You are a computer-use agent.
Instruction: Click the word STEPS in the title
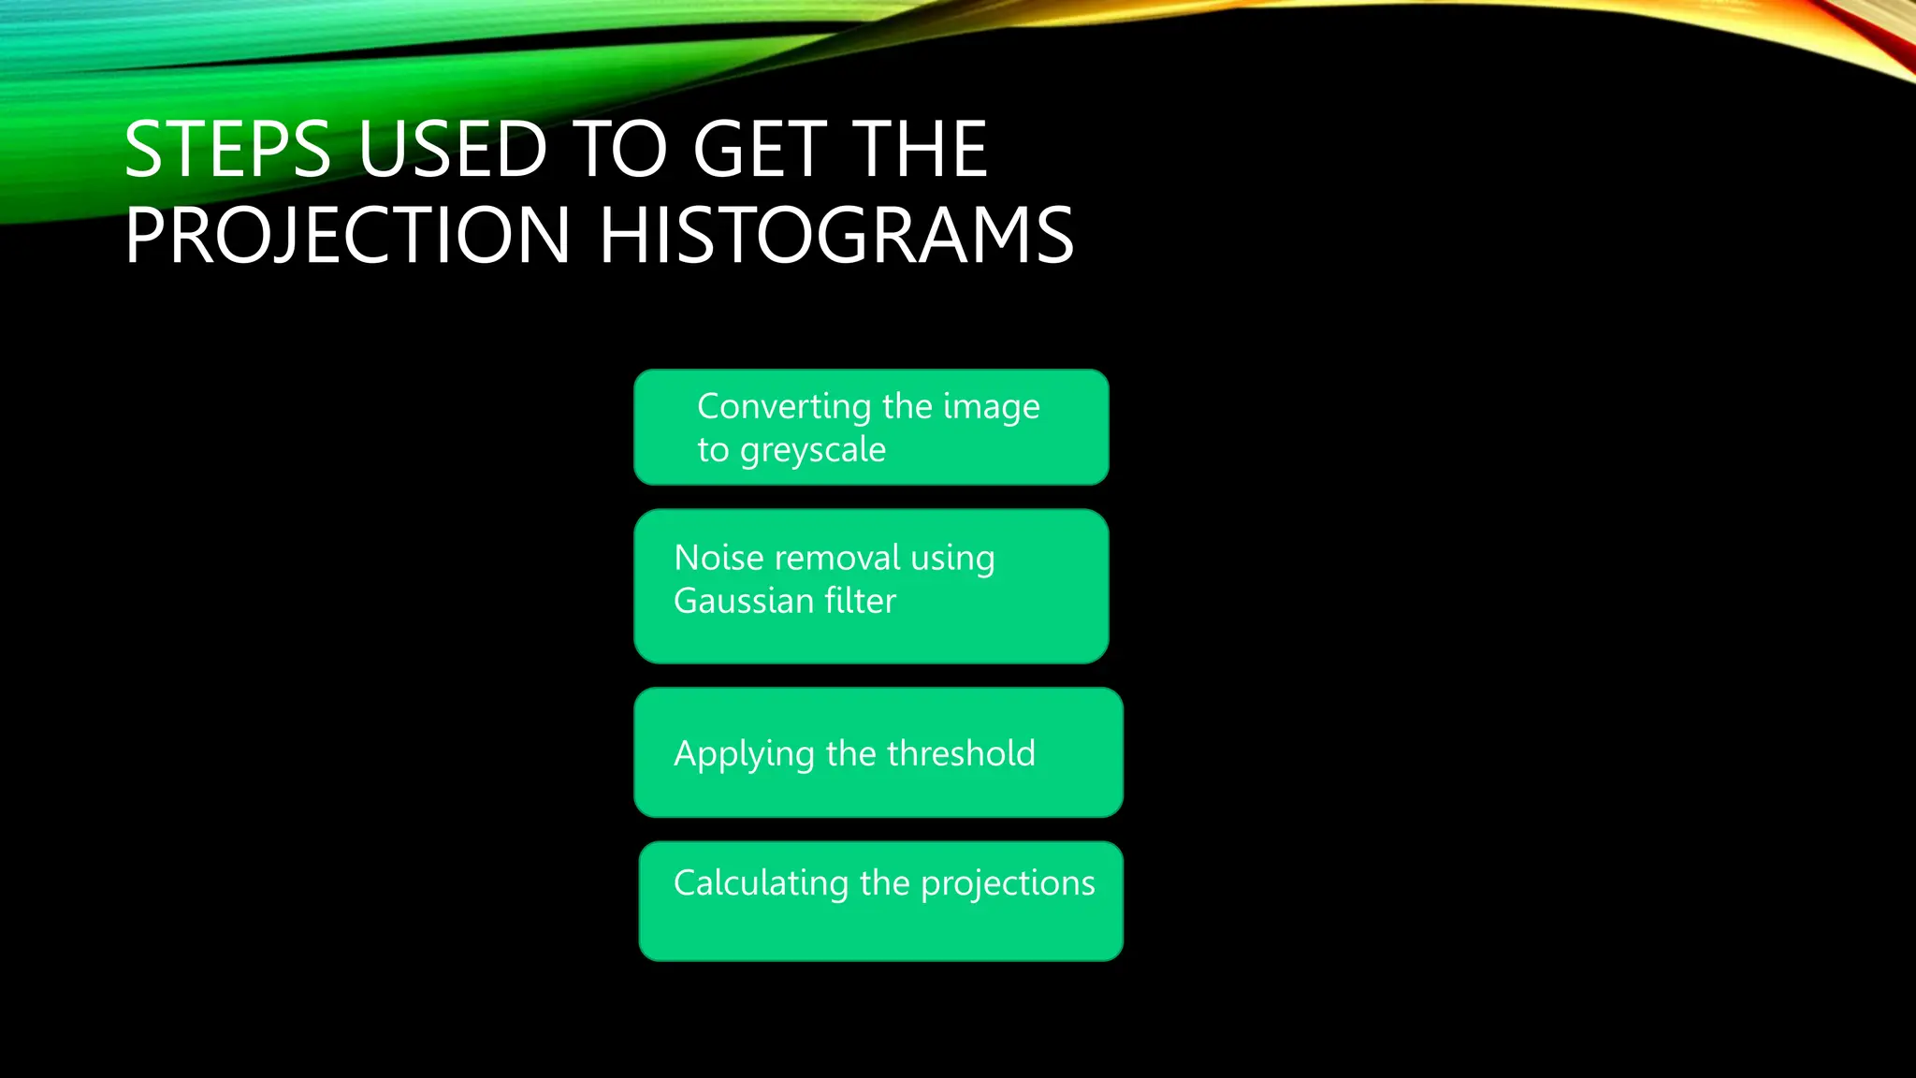point(227,150)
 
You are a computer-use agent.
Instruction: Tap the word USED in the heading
point(453,150)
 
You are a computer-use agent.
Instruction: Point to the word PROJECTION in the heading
point(347,236)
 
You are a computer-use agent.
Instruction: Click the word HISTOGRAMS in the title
point(836,236)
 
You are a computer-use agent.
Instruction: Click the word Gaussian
point(744,601)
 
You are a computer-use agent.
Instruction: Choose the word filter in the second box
point(860,601)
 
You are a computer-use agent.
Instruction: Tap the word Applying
point(744,754)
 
